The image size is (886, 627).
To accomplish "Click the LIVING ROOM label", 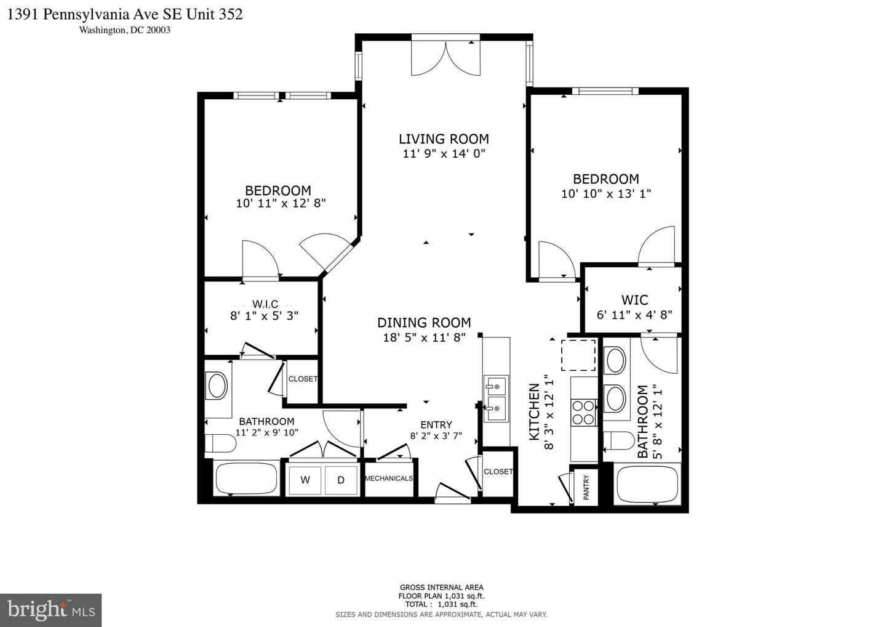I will tap(444, 139).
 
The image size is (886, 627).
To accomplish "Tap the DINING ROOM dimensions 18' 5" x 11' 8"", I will tap(424, 337).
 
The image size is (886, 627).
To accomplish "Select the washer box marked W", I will tap(305, 480).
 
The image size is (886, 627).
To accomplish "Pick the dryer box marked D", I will tap(341, 480).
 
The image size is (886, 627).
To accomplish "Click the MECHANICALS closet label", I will tap(389, 479).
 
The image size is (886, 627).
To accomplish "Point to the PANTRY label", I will tap(586, 487).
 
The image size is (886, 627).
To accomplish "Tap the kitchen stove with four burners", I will tap(584, 413).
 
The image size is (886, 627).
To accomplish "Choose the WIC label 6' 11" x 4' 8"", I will tap(634, 307).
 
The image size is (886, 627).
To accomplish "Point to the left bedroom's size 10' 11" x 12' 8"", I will tap(281, 203).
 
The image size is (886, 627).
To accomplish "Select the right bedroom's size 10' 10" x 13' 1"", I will tap(606, 193).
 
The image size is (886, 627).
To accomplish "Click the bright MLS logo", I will tap(50, 610).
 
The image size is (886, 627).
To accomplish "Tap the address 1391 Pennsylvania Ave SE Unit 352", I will tap(125, 14).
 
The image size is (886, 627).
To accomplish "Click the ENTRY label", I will tap(436, 425).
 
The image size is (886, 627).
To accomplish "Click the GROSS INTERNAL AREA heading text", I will tap(441, 587).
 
